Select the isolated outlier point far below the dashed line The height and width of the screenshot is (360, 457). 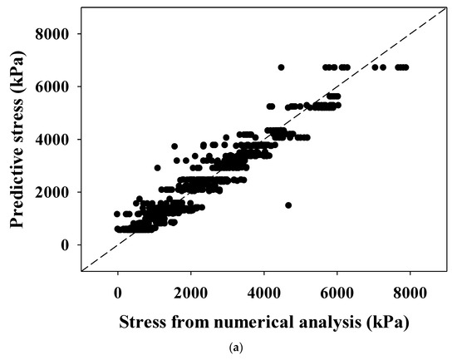coord(288,205)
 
